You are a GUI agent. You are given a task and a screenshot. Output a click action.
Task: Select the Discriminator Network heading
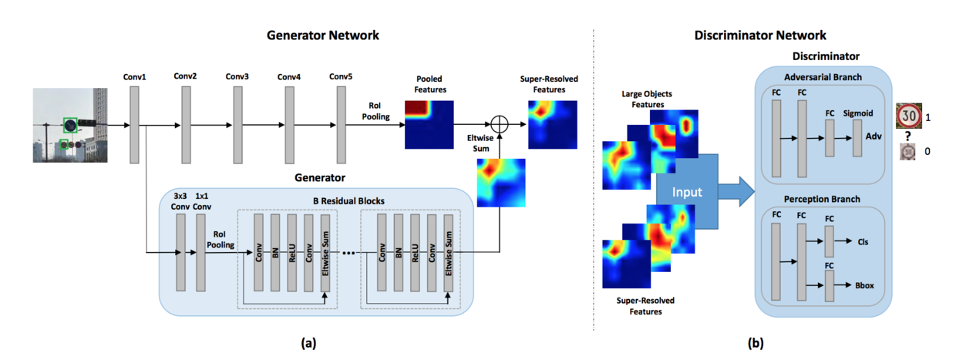760,35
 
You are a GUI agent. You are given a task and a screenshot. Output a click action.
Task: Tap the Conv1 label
134,77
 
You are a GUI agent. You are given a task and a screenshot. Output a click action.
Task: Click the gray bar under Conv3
238,124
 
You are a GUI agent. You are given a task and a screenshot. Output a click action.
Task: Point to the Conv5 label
341,77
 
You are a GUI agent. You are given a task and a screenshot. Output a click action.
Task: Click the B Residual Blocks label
348,203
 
